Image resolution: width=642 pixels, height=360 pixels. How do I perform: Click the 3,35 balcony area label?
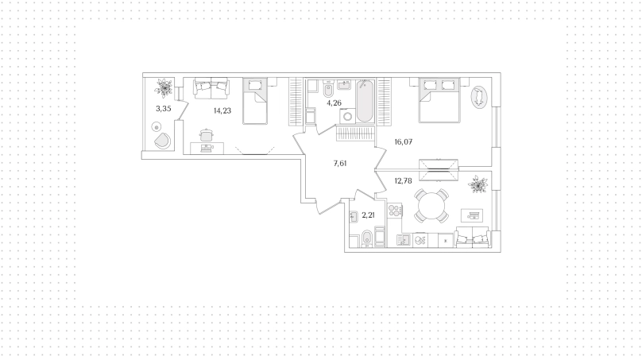(x=164, y=109)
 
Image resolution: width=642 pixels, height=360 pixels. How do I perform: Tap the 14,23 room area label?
(x=222, y=110)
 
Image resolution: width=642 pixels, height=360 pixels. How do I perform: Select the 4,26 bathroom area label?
(x=334, y=103)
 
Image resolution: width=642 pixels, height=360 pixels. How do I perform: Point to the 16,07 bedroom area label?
(x=404, y=142)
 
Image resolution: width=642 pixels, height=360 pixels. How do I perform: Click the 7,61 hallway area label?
(x=340, y=164)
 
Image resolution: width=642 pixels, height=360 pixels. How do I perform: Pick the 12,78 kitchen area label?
(x=403, y=180)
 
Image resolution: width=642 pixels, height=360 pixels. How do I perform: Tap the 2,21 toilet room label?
(x=368, y=215)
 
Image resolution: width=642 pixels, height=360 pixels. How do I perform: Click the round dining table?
(x=431, y=205)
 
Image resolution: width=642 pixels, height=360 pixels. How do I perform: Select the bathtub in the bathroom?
(x=365, y=101)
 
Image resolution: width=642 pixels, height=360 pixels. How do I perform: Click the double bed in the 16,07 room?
(x=439, y=100)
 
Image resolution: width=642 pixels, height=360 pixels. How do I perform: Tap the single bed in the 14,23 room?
(x=255, y=101)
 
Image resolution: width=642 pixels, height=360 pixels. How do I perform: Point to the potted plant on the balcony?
(x=164, y=87)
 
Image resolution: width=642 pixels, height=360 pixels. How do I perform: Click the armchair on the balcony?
(x=163, y=141)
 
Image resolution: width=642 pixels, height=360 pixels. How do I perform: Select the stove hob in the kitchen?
(x=394, y=211)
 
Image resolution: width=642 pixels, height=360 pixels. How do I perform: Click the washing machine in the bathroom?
(x=347, y=116)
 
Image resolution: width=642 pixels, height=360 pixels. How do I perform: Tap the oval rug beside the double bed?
(x=478, y=97)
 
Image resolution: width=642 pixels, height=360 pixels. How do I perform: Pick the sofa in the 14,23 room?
(x=211, y=88)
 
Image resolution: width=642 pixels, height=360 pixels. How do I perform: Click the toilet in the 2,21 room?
(x=367, y=238)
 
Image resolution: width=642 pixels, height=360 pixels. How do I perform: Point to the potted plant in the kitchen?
(x=478, y=184)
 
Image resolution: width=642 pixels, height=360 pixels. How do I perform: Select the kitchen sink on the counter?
(x=404, y=240)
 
